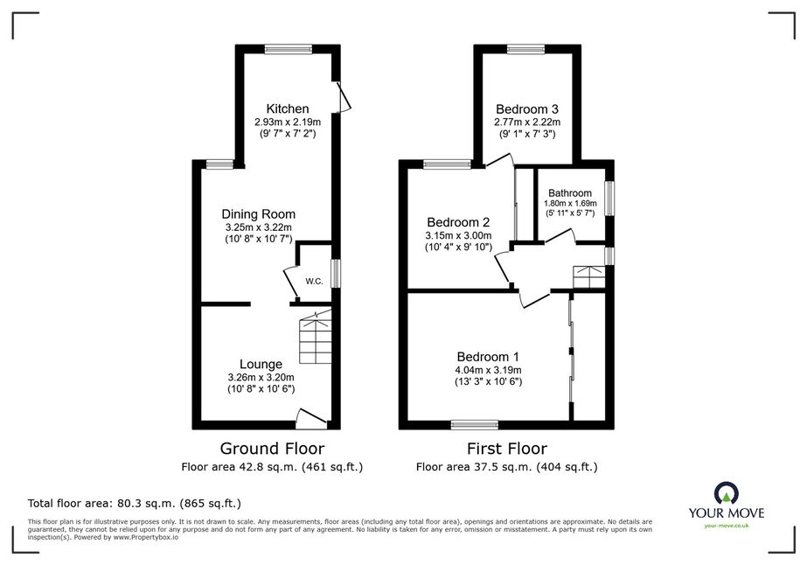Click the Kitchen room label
(288, 108)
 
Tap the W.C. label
(314, 282)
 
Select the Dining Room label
(259, 214)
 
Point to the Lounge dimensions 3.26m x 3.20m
(261, 377)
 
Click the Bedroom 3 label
(527, 109)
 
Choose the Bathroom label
(570, 193)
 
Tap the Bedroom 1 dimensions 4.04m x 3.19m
(488, 370)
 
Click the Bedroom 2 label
(458, 222)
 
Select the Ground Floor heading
(272, 449)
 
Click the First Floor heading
(507, 449)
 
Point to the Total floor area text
(135, 503)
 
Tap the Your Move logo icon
(727, 494)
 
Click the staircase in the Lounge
(316, 338)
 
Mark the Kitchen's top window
(289, 49)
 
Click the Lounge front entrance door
(312, 419)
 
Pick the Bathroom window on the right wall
(609, 198)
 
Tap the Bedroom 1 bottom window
(475, 425)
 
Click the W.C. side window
(336, 274)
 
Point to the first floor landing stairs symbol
(589, 277)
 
